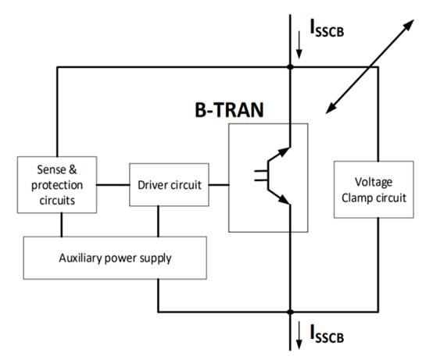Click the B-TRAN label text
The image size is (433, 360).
coord(229,109)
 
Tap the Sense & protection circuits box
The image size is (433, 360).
coord(56,185)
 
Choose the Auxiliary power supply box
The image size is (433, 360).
coord(116,258)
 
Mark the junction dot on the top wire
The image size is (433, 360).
coord(289,67)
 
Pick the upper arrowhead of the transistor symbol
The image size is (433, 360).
coord(284,147)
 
